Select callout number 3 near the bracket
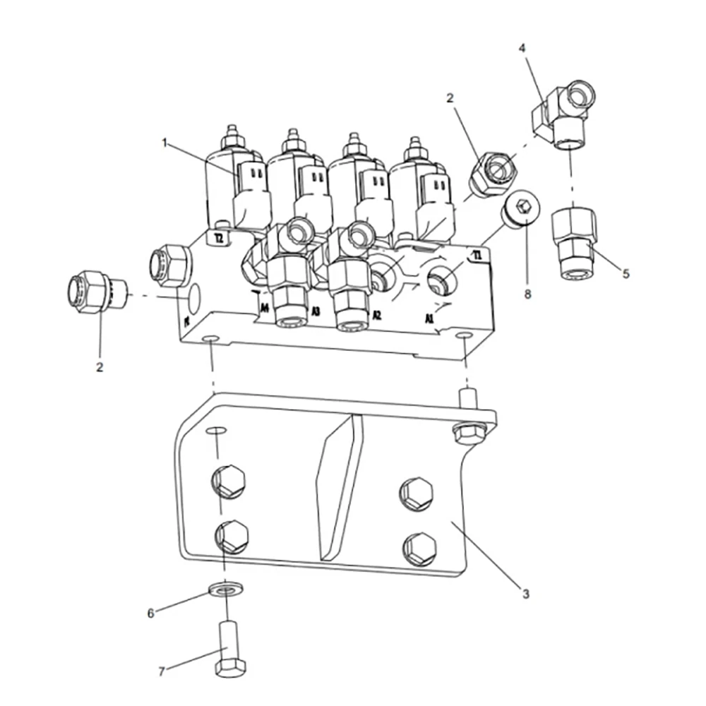525,594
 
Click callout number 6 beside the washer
150,613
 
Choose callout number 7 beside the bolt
161,671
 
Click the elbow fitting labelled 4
565,113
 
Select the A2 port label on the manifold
376,315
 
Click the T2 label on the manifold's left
220,239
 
